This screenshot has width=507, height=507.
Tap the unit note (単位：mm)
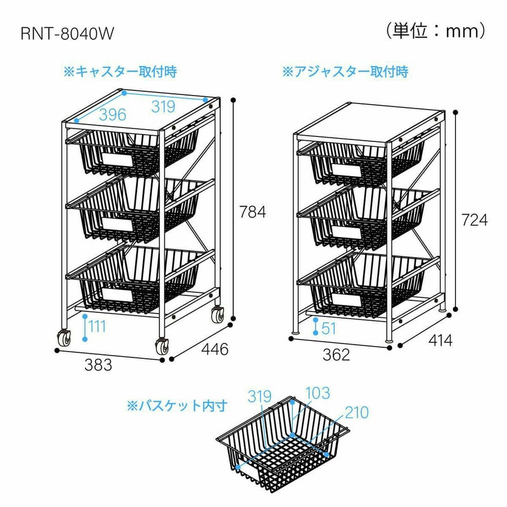coord(435,30)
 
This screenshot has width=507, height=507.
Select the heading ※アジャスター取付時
coord(345,72)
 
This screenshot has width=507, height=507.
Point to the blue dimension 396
coord(112,115)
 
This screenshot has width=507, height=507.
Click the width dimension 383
coord(98,365)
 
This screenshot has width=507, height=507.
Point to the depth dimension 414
coord(439,341)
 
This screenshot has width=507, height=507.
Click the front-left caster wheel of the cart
coord(64,339)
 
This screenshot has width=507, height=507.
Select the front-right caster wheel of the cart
coord(160,346)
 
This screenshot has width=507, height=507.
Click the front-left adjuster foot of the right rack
coord(296,331)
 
